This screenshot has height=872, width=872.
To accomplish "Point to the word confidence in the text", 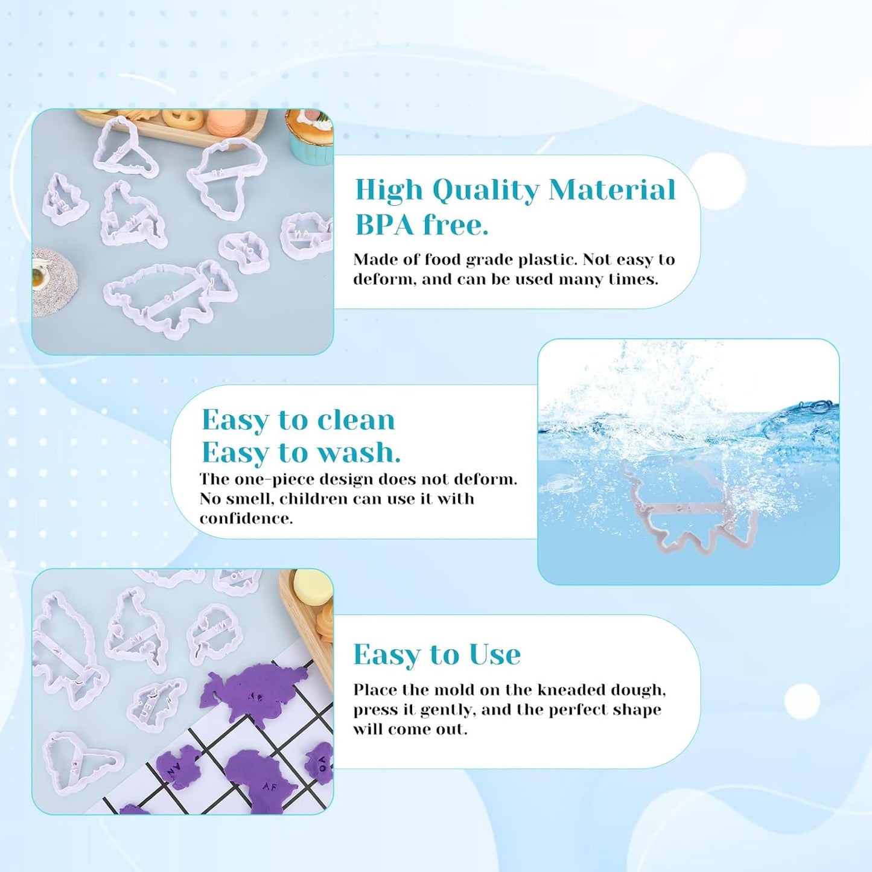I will (246, 518).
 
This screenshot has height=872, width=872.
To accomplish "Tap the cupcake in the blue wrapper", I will (310, 136).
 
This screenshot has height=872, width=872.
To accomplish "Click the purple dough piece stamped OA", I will (320, 764).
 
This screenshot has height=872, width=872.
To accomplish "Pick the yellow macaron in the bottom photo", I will (313, 587).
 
